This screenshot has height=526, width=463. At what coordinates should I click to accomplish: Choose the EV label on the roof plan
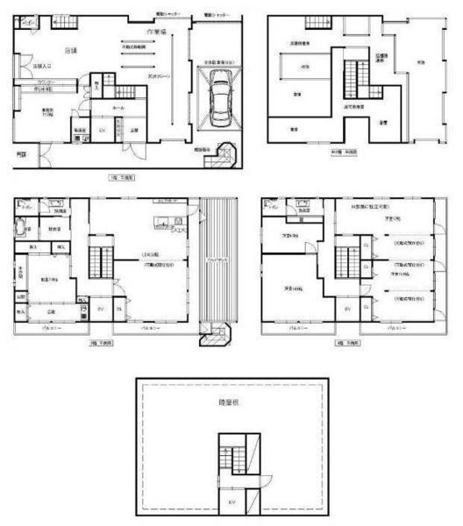click(231, 501)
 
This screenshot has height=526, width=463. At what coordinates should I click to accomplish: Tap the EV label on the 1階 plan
click(103, 131)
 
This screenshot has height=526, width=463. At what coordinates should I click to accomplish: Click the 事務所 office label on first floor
click(39, 110)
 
